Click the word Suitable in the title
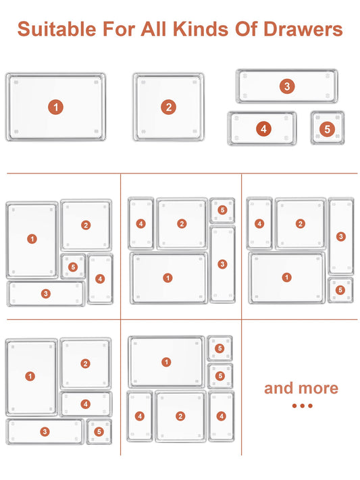[x=57, y=29]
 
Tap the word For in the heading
[x=119, y=29]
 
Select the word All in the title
[x=153, y=29]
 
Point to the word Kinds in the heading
[x=201, y=29]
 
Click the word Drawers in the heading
[x=303, y=29]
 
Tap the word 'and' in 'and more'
[x=279, y=388]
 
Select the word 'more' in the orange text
[x=317, y=389]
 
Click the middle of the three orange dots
[x=303, y=406]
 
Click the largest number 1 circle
[x=56, y=107]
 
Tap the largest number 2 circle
[x=168, y=107]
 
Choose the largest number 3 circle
[x=287, y=86]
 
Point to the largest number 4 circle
[x=263, y=129]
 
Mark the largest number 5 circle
[x=327, y=129]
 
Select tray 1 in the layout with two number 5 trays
[x=166, y=362]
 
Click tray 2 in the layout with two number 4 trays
[x=180, y=416]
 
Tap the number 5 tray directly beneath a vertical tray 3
[x=340, y=290]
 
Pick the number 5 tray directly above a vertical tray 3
[x=222, y=210]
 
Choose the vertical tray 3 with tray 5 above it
[x=223, y=264]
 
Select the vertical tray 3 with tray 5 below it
[x=341, y=236]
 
